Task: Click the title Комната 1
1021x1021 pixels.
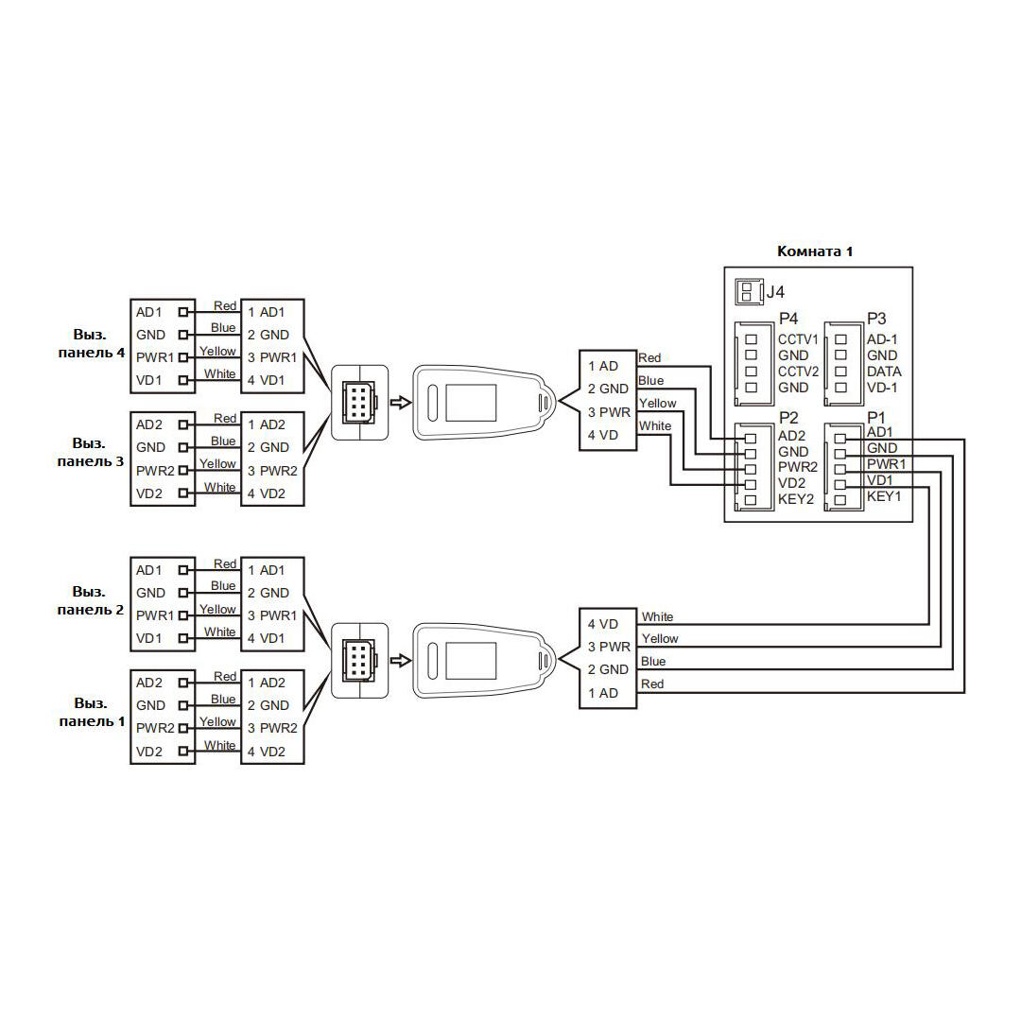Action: pos(815,251)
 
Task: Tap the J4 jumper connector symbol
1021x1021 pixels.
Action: pos(749,291)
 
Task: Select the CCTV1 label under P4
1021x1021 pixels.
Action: pos(798,339)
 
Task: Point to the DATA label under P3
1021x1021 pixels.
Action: pos(884,372)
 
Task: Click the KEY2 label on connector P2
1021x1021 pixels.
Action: pos(796,499)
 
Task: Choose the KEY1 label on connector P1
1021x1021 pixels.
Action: pos(884,496)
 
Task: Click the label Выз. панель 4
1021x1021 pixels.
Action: pos(91,344)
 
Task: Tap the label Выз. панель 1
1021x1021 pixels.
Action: pos(91,713)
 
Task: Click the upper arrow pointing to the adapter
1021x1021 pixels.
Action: pos(401,403)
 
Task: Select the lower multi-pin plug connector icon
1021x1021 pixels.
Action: pos(359,661)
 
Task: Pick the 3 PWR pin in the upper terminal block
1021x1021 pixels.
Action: pos(609,412)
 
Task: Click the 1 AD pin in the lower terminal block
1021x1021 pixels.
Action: pos(603,693)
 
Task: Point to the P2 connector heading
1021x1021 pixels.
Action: pos(787,418)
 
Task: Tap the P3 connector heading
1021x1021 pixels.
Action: pos(876,319)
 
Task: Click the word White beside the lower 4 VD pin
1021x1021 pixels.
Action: pos(657,616)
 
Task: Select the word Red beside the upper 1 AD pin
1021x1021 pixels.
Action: pos(649,357)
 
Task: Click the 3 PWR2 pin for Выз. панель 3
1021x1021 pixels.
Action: pos(272,471)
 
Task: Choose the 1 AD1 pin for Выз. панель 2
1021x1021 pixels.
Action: pos(266,570)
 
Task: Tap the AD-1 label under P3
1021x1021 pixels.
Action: pos(882,339)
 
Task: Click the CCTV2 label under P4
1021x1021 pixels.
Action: pos(798,372)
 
